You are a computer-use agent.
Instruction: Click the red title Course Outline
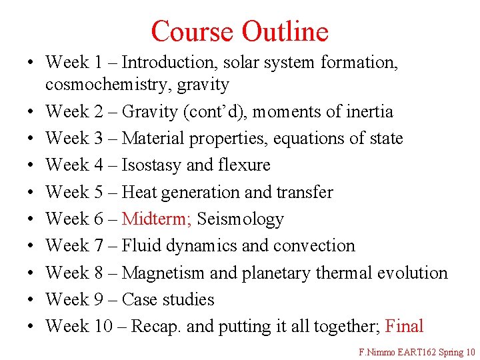click(239, 31)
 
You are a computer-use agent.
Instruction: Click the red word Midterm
click(157, 219)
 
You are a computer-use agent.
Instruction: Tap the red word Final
click(404, 326)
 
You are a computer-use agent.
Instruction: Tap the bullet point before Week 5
click(31, 193)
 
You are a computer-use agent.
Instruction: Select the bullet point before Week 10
click(31, 327)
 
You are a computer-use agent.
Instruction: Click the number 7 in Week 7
click(98, 245)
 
